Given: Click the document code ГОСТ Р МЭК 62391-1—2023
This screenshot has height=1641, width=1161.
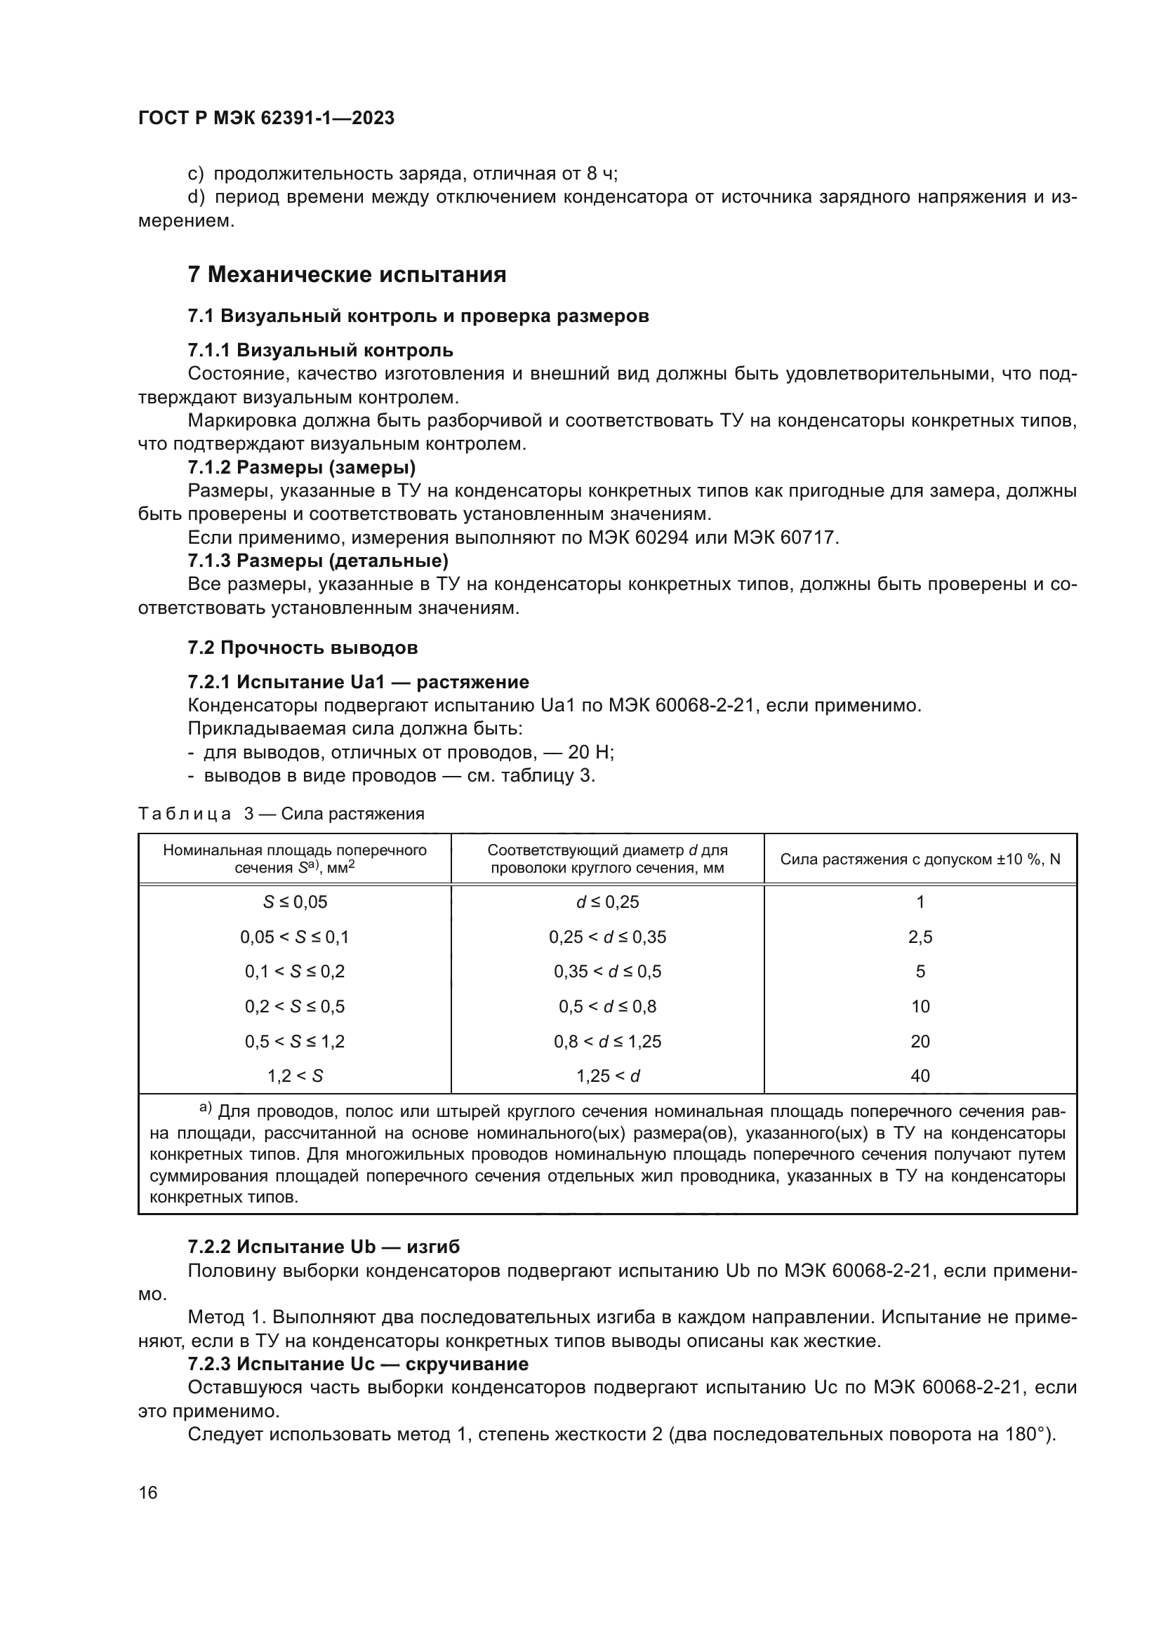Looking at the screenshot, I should (x=266, y=118).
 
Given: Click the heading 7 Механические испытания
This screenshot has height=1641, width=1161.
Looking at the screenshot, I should (x=347, y=274).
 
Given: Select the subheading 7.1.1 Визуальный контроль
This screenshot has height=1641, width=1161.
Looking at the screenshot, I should (x=320, y=350).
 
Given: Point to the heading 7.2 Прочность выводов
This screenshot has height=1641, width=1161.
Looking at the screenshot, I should (x=303, y=648).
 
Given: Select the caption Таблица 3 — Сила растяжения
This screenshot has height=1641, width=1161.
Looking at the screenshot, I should (x=281, y=813).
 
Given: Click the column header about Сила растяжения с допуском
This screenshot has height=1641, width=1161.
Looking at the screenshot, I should (x=920, y=859).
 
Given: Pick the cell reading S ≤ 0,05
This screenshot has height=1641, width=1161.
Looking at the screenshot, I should (x=295, y=902).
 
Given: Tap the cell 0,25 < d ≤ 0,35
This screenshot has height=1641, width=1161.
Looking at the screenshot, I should (x=607, y=937).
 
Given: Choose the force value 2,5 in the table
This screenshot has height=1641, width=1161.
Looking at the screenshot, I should (x=920, y=937).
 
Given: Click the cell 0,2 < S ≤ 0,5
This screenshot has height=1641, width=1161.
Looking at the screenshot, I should (x=295, y=1006).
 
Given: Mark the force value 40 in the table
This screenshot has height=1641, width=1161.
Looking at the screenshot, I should (x=920, y=1076).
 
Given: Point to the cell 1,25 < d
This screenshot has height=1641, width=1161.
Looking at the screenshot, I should (x=607, y=1076).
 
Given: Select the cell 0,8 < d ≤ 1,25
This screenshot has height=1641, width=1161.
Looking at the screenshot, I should (x=607, y=1041).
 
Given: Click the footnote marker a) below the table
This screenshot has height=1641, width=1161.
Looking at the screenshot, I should (x=205, y=1108).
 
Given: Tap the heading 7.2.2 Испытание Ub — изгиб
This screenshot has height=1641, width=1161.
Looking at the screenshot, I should (x=324, y=1247).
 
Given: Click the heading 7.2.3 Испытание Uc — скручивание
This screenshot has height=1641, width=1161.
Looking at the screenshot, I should (x=357, y=1364).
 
